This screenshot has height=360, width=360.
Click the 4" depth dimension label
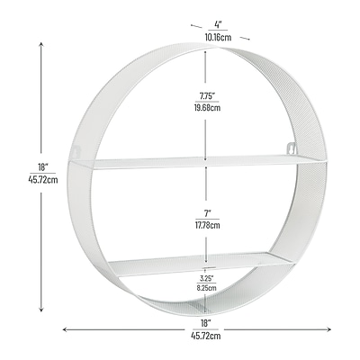218,24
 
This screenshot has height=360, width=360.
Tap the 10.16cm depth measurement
218,37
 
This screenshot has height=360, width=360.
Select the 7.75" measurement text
207,96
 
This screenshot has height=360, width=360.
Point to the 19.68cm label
207,107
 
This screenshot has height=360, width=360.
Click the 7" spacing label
208,213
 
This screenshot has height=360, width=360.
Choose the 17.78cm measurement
207,225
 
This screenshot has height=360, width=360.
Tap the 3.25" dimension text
207,278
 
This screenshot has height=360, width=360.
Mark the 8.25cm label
207,288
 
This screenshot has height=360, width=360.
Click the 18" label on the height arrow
43,166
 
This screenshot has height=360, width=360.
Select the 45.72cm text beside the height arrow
43,180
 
